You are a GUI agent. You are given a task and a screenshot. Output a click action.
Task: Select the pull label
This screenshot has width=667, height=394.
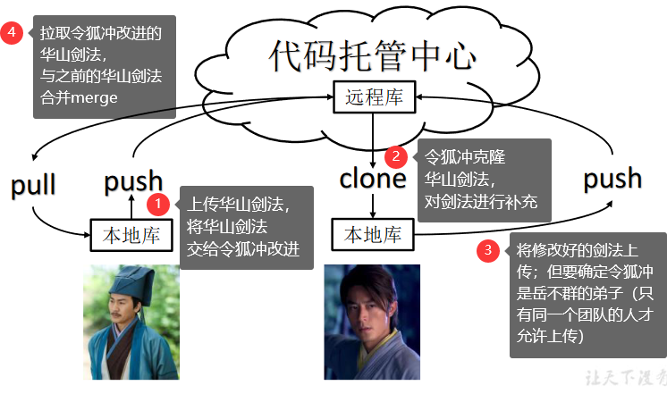point(33,185)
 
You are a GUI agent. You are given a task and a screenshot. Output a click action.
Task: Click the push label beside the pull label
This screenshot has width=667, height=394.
point(133,181)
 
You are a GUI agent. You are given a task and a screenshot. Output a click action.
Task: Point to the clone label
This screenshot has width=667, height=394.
point(373,179)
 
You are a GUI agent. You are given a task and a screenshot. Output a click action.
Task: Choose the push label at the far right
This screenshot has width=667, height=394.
point(612,178)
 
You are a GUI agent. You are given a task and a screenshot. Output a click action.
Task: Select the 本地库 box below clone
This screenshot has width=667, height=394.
point(373,235)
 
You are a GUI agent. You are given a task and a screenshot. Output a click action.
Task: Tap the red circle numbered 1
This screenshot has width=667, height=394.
point(158,204)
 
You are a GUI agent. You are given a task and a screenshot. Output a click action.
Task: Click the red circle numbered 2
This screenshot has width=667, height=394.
point(396,156)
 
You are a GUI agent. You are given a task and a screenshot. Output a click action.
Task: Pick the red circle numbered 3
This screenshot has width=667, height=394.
point(487,251)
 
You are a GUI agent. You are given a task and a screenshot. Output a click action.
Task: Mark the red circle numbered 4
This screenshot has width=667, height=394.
point(12,33)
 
